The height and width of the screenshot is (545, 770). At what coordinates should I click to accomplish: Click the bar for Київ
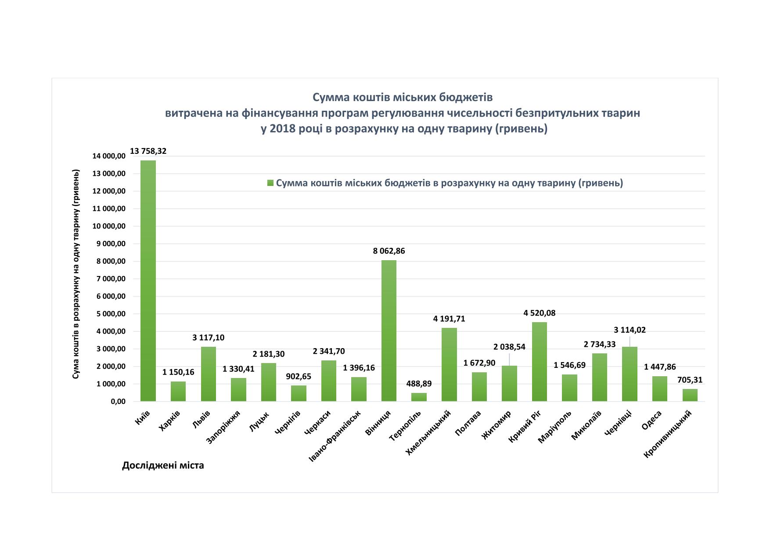(x=148, y=281)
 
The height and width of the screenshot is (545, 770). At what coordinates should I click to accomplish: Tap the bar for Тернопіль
(x=419, y=397)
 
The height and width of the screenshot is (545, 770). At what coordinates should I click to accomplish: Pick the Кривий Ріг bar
(x=539, y=362)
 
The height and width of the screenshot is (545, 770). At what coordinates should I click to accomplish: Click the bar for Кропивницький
(x=690, y=395)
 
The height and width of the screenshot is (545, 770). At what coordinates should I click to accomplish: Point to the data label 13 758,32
(x=148, y=151)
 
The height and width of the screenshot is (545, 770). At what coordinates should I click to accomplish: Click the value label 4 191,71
(x=449, y=319)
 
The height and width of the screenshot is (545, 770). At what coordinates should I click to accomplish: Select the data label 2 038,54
(x=509, y=347)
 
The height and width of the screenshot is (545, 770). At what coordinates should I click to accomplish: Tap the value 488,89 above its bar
(x=419, y=384)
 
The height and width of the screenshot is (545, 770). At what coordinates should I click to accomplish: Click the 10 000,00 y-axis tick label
(x=109, y=226)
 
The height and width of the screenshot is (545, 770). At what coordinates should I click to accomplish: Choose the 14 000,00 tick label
(x=109, y=156)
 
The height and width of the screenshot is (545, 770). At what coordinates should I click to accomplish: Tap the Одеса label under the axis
(x=652, y=420)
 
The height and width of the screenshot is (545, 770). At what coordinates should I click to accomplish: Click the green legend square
(x=270, y=183)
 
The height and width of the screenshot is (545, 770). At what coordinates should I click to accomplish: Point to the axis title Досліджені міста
(x=163, y=465)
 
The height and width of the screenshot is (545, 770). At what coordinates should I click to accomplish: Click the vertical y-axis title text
(x=76, y=274)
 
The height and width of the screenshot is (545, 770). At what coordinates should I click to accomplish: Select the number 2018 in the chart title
(x=281, y=129)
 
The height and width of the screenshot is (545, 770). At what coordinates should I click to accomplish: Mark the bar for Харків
(x=178, y=391)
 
